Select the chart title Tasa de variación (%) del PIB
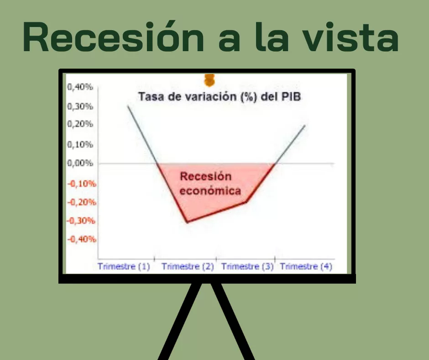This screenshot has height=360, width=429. [220, 97]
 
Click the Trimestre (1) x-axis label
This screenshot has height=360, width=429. [124, 267]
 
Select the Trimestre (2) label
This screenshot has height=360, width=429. [188, 267]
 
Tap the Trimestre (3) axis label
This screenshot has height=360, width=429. [247, 267]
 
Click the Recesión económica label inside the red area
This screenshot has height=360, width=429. [210, 183]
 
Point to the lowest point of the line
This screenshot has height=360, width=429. [187, 222]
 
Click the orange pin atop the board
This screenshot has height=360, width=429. [209, 80]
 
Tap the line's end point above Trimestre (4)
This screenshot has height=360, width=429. [304, 125]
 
